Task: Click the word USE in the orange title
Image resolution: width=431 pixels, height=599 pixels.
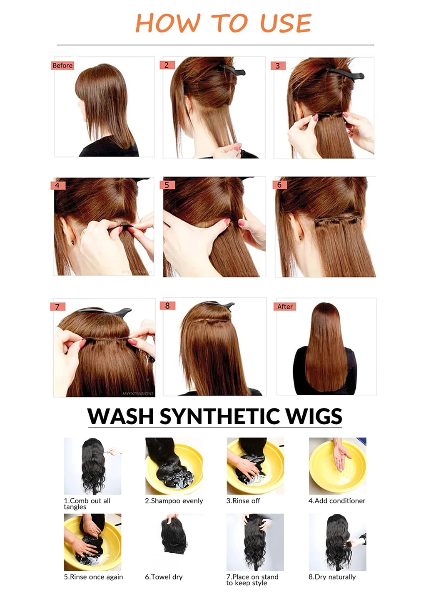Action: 286,23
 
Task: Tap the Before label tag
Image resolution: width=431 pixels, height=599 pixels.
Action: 62,66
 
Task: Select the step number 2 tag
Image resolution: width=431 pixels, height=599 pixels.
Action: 167,65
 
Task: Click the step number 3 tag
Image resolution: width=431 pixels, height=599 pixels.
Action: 278,66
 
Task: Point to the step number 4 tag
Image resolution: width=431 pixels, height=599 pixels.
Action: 58,186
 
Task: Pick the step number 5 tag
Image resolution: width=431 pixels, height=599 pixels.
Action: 167,185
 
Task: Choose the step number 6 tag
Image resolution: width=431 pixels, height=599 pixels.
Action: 279,185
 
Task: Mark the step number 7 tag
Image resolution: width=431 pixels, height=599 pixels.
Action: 57,307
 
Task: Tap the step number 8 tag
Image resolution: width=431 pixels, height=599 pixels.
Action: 167,305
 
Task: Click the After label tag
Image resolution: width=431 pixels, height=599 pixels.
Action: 285,307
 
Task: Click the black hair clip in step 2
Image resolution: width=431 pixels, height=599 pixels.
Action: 232,70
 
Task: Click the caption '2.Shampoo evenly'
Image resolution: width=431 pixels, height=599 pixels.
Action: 174,501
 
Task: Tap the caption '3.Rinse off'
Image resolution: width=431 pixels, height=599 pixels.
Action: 243,501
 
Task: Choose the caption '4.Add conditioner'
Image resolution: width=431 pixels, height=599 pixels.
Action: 337,501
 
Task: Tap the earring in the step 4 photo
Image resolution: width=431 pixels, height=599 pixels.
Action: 73,243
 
